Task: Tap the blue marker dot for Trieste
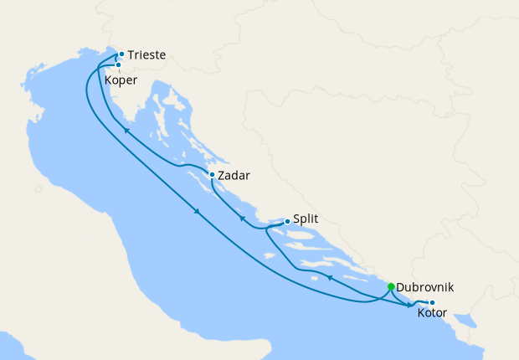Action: (x=121, y=54)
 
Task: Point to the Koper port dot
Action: (x=118, y=64)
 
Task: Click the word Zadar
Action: (x=234, y=176)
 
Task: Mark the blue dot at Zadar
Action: (x=212, y=175)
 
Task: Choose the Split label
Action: (x=306, y=221)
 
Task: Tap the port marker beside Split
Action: (x=287, y=221)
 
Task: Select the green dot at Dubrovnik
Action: (x=391, y=286)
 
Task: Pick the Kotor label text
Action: (x=432, y=313)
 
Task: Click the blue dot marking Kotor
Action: (x=432, y=302)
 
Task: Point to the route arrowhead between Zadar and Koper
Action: (x=126, y=130)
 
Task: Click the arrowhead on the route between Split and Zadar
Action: (x=242, y=219)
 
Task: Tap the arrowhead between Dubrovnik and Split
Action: (x=330, y=278)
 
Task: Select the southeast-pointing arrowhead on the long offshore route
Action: (x=198, y=211)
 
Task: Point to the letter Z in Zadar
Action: (x=221, y=176)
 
